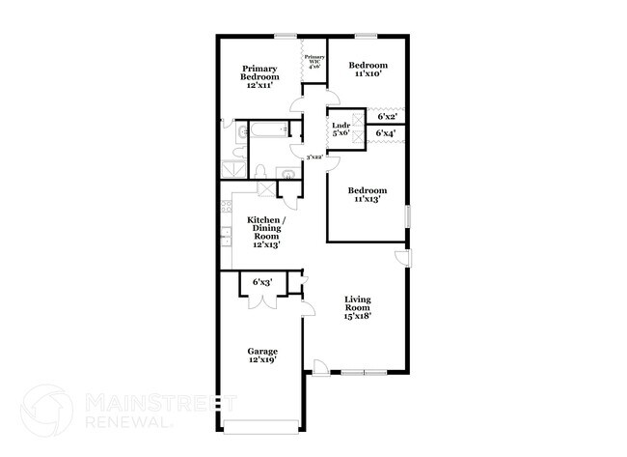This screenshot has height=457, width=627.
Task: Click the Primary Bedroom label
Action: point(260,75)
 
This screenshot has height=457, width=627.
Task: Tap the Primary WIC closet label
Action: point(314,62)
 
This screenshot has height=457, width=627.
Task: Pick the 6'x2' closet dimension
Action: point(387,116)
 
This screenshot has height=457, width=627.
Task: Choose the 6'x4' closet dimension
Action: point(387,133)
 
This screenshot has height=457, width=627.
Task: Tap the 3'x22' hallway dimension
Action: point(313,157)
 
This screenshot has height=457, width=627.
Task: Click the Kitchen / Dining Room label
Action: point(265,233)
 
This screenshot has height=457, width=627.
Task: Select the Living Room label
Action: point(358,307)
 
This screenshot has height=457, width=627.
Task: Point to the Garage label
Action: point(262,355)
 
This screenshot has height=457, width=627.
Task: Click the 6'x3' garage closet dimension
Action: point(262,282)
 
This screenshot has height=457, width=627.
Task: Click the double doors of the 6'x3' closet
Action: point(261,300)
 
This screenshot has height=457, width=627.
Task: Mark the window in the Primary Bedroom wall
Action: point(285,38)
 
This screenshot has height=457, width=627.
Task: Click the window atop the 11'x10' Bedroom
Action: point(366,38)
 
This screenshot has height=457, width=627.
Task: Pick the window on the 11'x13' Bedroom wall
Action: point(407,215)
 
